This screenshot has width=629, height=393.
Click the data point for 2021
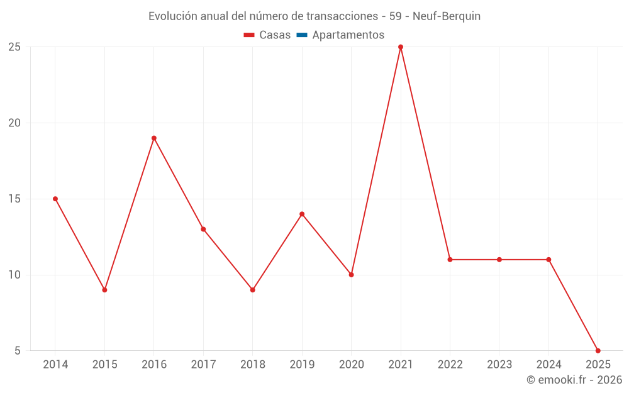click(401, 47)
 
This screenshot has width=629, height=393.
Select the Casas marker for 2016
click(154, 138)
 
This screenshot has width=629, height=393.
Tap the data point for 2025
click(598, 351)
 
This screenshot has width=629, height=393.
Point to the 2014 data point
click(55, 199)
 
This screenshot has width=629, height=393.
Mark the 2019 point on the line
click(302, 214)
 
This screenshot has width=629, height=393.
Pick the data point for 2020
click(352, 275)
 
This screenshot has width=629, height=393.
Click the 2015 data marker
click(104, 290)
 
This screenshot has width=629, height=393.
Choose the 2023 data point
click(499, 260)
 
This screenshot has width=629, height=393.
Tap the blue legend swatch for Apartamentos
click(302, 35)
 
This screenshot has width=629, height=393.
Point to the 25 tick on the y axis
click(14, 47)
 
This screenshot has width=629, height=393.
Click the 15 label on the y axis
click(14, 199)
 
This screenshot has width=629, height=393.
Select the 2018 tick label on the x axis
click(252, 365)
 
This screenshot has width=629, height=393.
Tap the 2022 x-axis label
click(450, 365)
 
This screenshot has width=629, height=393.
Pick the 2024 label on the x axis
click(548, 365)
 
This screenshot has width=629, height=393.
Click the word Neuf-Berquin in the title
click(447, 16)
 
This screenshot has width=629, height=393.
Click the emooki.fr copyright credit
click(574, 380)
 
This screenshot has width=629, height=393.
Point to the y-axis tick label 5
click(18, 351)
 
